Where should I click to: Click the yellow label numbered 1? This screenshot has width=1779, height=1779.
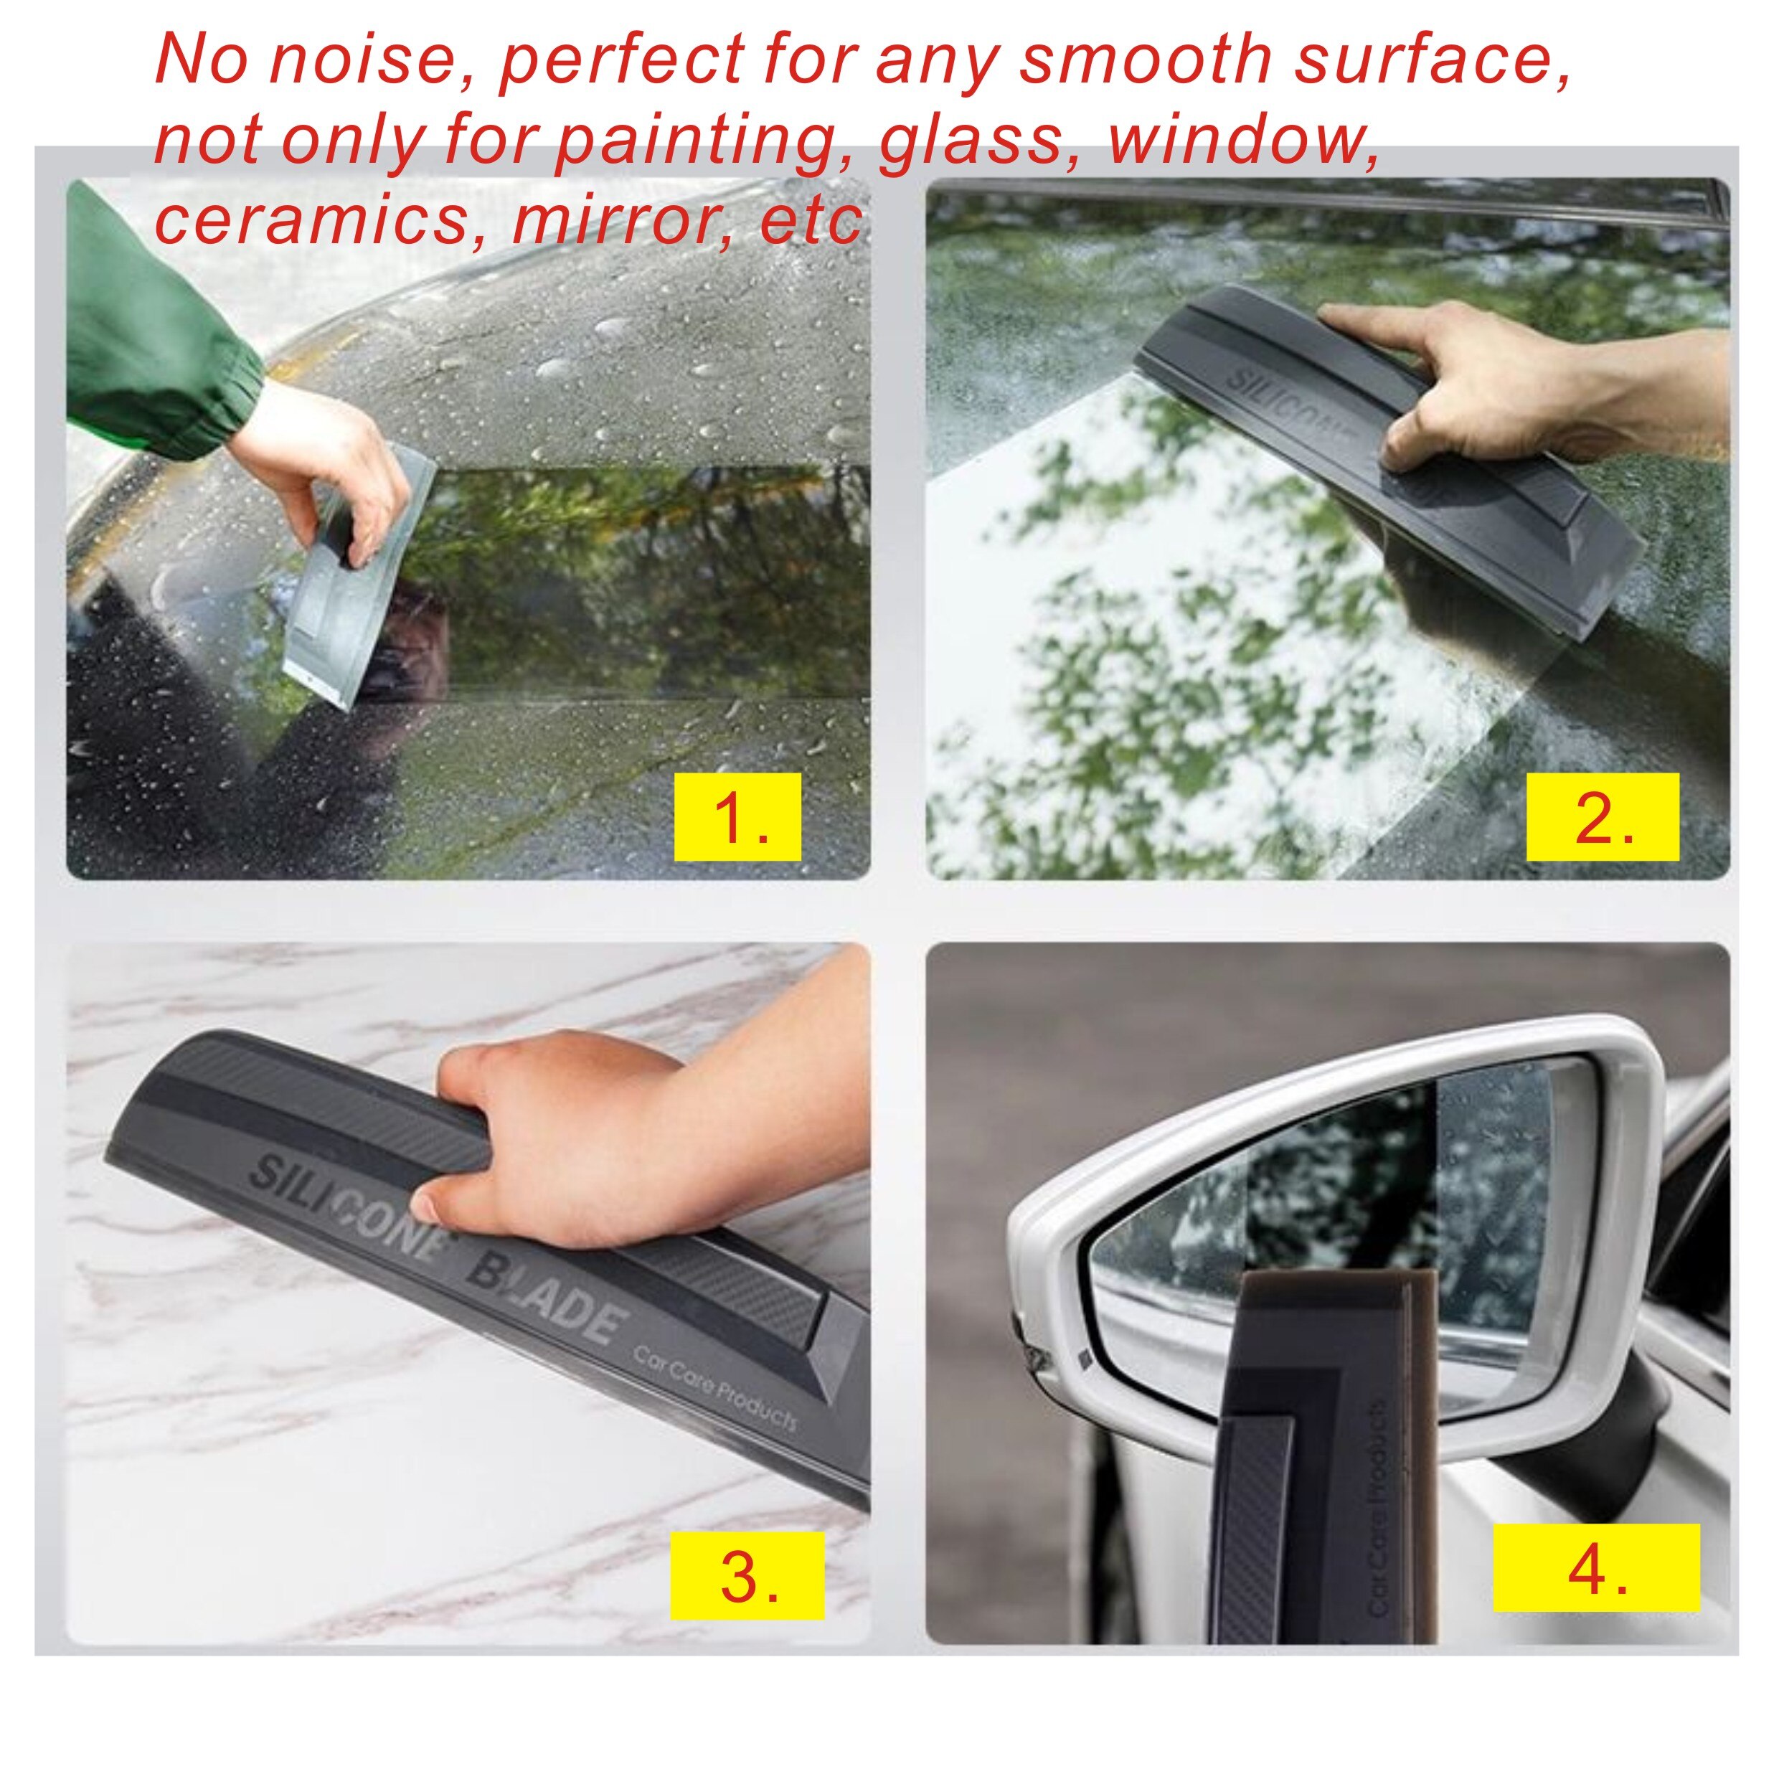coord(737,818)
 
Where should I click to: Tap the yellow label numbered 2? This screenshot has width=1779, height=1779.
coord(1603,818)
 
